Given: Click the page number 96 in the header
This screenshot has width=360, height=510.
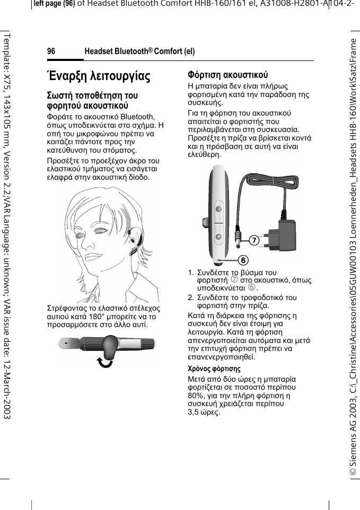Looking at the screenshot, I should pyautogui.click(x=51, y=51).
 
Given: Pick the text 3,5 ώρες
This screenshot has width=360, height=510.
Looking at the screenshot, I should pyautogui.click(x=204, y=412).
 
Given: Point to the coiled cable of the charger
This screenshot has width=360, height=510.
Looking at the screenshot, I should pyautogui.click(x=265, y=186).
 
